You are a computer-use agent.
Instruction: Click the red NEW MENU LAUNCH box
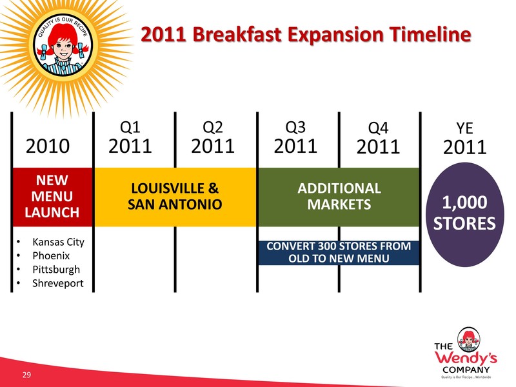[52, 197]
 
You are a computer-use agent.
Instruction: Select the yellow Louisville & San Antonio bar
[175, 197]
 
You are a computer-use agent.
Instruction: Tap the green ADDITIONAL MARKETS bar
[339, 197]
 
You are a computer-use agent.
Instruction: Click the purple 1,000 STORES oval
[464, 214]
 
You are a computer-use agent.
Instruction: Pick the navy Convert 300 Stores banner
[339, 252]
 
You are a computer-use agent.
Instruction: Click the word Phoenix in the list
[51, 255]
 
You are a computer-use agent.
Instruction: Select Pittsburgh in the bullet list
[56, 270]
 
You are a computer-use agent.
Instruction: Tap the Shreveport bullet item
[58, 283]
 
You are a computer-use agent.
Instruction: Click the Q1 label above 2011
[130, 127]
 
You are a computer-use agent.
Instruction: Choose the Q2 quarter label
[213, 127]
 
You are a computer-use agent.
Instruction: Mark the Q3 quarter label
[295, 127]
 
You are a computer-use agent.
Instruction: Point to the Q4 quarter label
[378, 128]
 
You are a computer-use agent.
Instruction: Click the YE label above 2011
[464, 128]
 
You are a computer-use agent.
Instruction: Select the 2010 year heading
[48, 146]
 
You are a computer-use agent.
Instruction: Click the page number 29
[26, 375]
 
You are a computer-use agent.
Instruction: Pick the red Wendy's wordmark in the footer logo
[466, 358]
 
